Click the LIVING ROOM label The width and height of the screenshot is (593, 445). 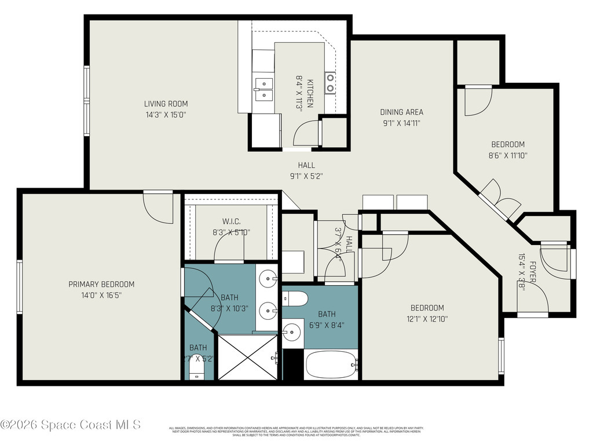point(166,104)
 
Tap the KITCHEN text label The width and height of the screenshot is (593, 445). point(310,93)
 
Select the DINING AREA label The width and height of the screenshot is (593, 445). point(401,112)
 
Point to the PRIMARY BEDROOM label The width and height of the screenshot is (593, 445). point(101,284)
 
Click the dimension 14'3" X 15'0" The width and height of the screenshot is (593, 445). point(166,115)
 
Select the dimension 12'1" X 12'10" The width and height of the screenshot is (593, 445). point(427,318)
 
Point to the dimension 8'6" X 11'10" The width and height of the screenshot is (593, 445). point(508,155)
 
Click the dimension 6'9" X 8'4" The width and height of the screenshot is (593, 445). point(327,324)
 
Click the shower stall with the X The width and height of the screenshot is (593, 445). point(247,357)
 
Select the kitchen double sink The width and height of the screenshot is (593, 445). point(263,88)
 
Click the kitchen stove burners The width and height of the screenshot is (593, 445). point(330,82)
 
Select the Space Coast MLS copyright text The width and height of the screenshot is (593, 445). point(70,425)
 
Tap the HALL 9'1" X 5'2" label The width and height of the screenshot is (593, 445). point(306,170)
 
